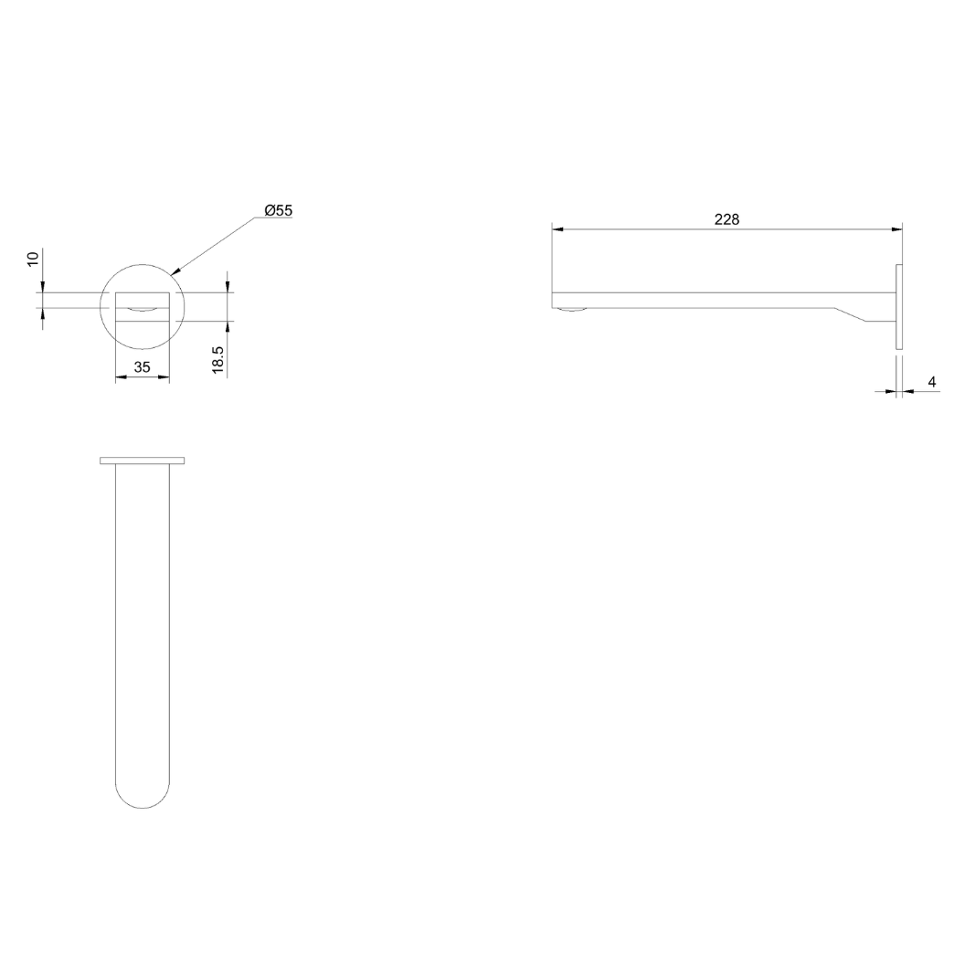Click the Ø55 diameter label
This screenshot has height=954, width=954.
pos(278,210)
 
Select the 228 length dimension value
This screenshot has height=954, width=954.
pos(726,219)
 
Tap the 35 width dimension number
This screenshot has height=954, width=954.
pos(143,367)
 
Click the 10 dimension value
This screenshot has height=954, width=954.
pos(34,258)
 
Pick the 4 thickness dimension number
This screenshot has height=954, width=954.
pos(931,382)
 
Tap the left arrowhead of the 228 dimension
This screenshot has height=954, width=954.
pos(556,229)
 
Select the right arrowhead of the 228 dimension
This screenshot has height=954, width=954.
pos(896,229)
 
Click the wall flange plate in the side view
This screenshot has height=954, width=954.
pos(898,307)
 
